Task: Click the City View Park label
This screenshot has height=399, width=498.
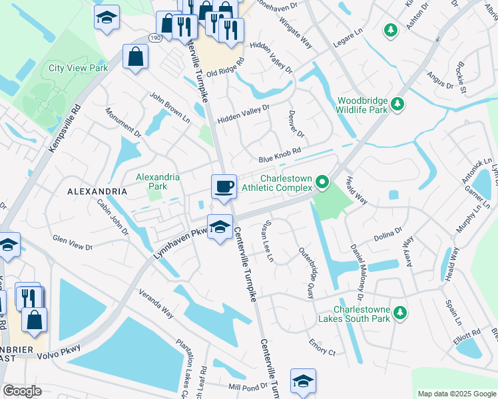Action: click(78, 68)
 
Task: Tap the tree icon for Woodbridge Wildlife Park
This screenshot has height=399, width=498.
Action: click(397, 104)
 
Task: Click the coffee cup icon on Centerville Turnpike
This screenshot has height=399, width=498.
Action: click(224, 186)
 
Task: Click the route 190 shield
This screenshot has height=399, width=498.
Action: click(154, 39)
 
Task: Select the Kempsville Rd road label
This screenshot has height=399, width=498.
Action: click(63, 128)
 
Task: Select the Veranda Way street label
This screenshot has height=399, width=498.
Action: click(156, 303)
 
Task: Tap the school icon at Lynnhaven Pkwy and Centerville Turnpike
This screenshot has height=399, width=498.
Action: click(219, 227)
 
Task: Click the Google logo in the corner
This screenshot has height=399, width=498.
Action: click(22, 391)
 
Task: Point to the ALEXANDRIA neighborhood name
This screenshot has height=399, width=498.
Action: click(97, 191)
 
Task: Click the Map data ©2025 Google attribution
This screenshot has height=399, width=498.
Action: click(455, 394)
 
